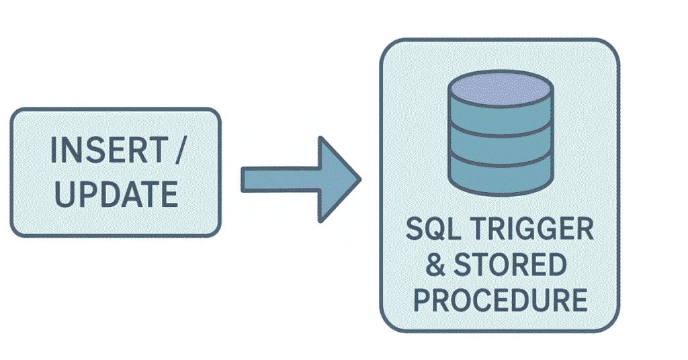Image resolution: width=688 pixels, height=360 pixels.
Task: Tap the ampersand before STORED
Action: pyautogui.click(x=436, y=265)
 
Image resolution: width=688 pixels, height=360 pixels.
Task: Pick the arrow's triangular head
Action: pyautogui.click(x=339, y=179)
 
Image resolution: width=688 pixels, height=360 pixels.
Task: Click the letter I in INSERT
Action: pyautogui.click(x=56, y=151)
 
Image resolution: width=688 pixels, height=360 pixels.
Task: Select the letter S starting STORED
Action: pyautogui.click(x=466, y=265)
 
